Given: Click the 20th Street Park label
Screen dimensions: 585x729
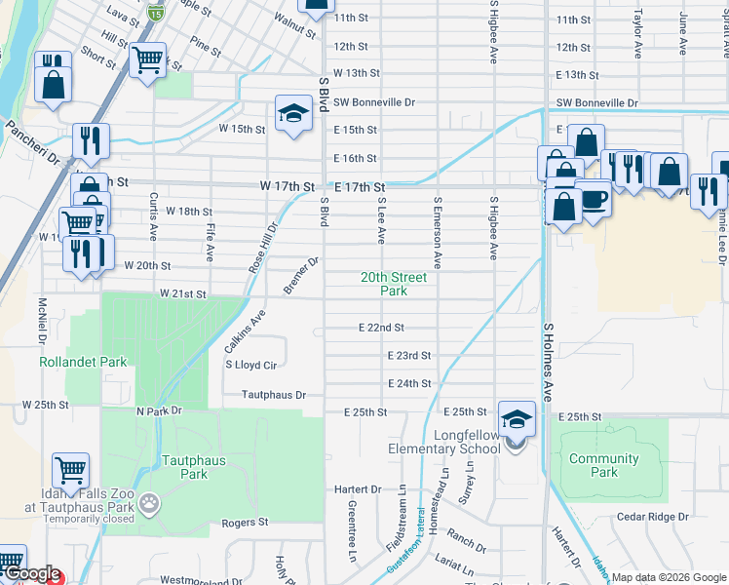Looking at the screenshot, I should [x=394, y=284].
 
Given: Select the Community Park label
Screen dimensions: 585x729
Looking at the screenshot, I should [x=604, y=465].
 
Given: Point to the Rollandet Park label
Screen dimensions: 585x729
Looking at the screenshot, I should [x=83, y=362].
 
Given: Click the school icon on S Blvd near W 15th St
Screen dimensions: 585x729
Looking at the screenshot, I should [x=292, y=113].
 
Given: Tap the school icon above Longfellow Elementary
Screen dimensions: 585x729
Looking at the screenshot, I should [x=517, y=418].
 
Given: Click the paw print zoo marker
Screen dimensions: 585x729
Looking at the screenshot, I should [x=149, y=504].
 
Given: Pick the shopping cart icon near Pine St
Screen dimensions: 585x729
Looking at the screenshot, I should [x=148, y=60].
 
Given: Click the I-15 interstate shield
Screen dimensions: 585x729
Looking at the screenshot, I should [x=156, y=13].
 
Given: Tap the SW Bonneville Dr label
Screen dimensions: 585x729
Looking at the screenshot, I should [x=373, y=101].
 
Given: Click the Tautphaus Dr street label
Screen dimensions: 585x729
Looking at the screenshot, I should [x=275, y=395].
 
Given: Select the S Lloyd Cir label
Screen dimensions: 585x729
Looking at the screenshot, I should [x=252, y=365].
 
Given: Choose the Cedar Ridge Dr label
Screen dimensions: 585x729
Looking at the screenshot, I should [x=652, y=516].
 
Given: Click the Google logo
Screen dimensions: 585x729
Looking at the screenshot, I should [x=31, y=574].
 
